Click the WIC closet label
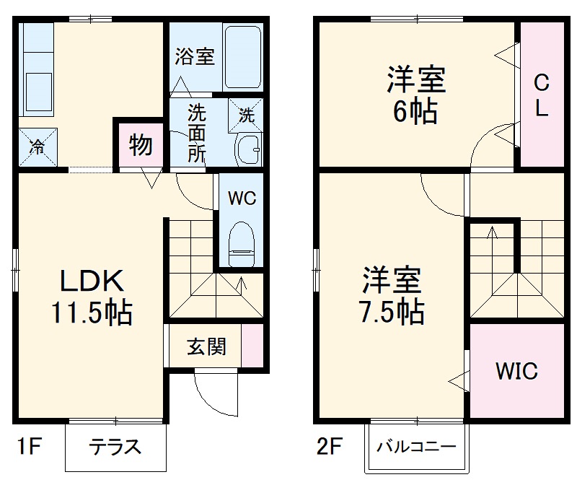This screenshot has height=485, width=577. (516, 372)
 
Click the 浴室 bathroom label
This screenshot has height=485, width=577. (195, 56)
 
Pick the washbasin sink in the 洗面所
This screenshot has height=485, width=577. (249, 149)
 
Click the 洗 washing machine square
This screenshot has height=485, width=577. (245, 114)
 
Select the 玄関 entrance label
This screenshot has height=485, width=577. (206, 347)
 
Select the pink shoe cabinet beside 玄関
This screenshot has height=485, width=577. (252, 347)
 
